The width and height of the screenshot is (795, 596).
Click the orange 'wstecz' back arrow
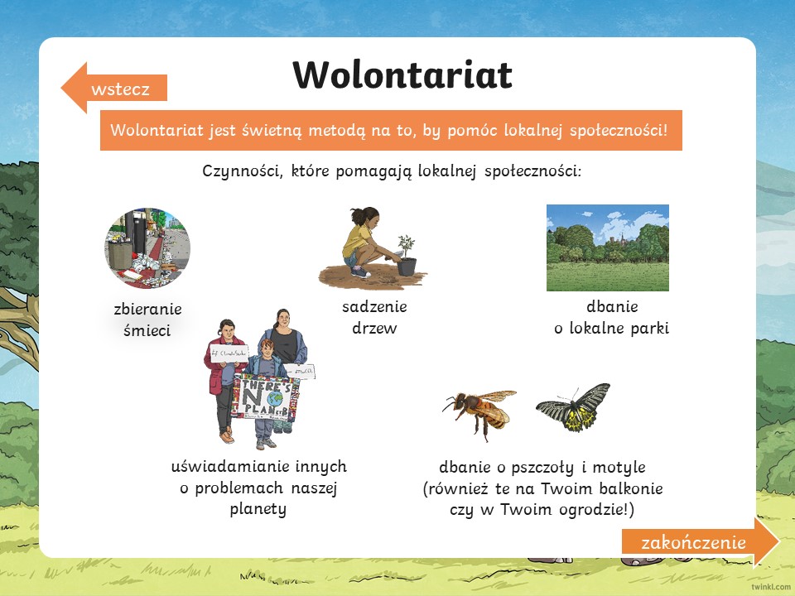coord(114,88)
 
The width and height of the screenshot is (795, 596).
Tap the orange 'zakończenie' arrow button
coord(701,541)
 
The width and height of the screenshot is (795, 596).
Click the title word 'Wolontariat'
coord(402,75)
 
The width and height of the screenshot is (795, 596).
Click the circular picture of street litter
coord(147,248)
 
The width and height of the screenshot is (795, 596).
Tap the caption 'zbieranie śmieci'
coord(147,320)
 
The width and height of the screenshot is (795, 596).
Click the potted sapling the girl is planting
coord(406,256)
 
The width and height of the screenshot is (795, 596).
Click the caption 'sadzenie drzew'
coord(374,317)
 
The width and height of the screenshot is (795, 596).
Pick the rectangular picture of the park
coord(607,248)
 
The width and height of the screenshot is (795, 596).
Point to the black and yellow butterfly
coord(573,407)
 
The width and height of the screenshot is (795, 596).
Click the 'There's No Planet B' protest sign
coord(266,397)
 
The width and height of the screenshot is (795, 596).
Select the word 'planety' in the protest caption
coord(258,509)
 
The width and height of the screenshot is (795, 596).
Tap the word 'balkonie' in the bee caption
coord(631,488)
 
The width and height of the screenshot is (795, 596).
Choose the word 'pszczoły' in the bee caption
coord(542,467)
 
